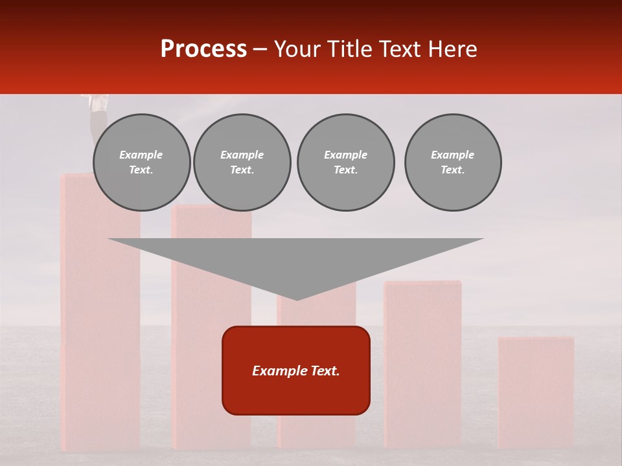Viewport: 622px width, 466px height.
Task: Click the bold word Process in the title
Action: (203, 49)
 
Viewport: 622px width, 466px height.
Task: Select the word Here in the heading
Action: (453, 49)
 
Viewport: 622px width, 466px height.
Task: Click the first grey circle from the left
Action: (142, 162)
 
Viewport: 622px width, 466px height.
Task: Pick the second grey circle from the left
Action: (242, 162)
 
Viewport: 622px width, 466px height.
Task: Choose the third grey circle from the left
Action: (345, 162)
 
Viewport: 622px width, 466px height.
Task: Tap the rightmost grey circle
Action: (453, 162)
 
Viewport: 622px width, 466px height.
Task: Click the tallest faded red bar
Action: (100, 324)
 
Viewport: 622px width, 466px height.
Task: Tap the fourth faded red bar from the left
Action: (422, 362)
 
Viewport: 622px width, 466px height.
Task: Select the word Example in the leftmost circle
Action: (141, 155)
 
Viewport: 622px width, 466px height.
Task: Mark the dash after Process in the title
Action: (260, 49)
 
